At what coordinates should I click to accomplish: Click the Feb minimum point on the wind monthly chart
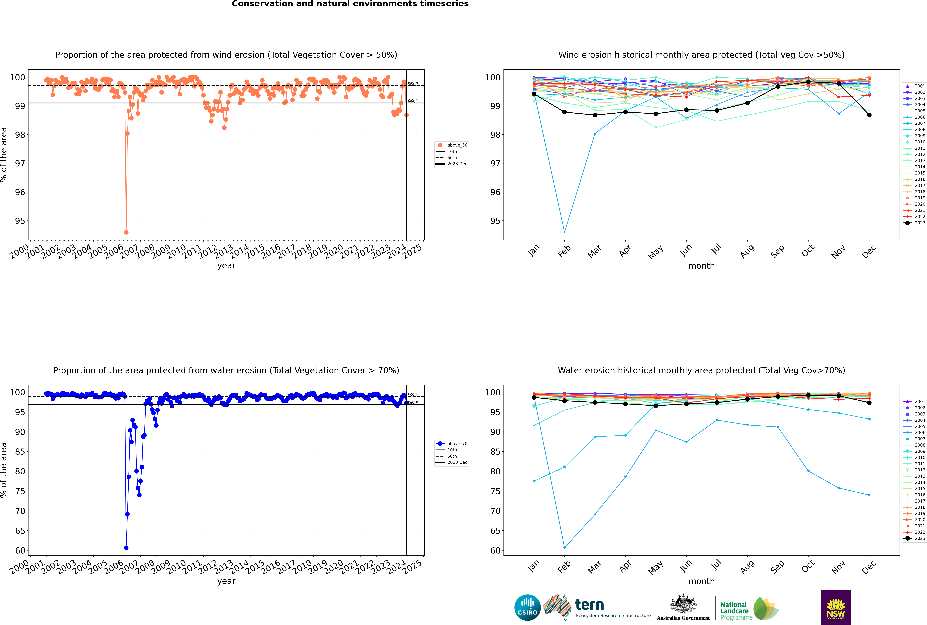tap(564, 232)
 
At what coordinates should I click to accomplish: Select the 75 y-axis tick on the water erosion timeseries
tap(20, 491)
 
